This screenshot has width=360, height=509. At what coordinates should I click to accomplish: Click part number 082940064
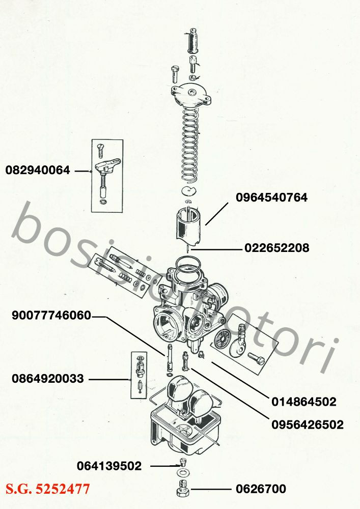coord(38,170)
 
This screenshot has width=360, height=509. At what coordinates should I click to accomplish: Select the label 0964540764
coord(271,197)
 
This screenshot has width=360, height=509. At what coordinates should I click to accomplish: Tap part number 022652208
coord(276,248)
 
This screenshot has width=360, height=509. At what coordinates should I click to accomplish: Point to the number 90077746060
coord(51,315)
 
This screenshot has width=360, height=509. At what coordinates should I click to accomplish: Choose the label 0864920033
coord(48,379)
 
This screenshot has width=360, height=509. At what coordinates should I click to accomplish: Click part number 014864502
coord(304,402)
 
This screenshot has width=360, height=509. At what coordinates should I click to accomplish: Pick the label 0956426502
coord(308,425)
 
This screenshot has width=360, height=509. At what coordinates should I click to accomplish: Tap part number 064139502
coord(109,466)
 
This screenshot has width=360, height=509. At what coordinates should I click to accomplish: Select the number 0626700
coord(261,489)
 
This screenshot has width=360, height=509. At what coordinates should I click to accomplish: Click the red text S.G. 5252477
coord(47,489)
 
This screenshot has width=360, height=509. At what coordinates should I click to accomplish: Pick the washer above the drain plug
coord(184,471)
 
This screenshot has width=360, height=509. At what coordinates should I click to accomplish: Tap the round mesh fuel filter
coord(221,339)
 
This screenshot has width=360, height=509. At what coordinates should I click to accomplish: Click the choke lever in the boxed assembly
coord(107,165)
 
